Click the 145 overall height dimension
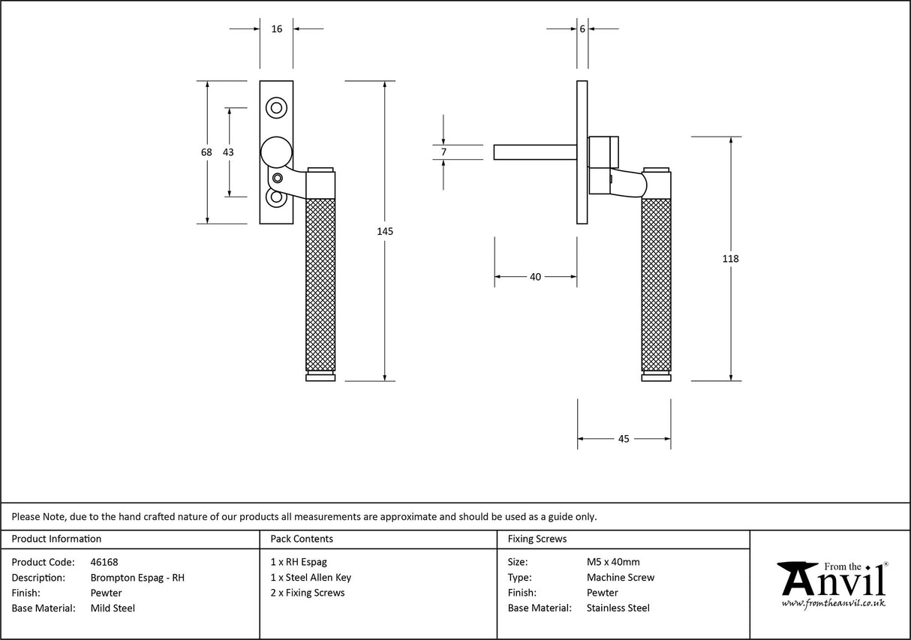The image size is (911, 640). pyautogui.click(x=384, y=231)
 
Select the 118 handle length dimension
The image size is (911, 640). pyautogui.click(x=730, y=259)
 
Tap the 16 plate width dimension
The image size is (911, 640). pyautogui.click(x=277, y=29)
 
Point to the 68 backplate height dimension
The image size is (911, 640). pyautogui.click(x=206, y=152)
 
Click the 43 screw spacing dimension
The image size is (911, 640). pyautogui.click(x=229, y=152)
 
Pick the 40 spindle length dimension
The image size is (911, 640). pyautogui.click(x=535, y=277)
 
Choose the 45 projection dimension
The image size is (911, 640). pyautogui.click(x=624, y=439)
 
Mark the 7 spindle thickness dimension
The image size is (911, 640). pyautogui.click(x=443, y=152)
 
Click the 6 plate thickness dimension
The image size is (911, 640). pyautogui.click(x=582, y=29)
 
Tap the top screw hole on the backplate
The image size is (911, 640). pyautogui.click(x=277, y=108)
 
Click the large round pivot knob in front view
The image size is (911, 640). pyautogui.click(x=275, y=152)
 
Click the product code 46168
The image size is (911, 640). pyautogui.click(x=104, y=562)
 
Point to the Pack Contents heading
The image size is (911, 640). pyautogui.click(x=302, y=539)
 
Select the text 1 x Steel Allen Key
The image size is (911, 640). pyautogui.click(x=311, y=578)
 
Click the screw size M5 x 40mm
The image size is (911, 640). pyautogui.click(x=613, y=562)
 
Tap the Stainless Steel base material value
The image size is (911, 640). pyautogui.click(x=618, y=608)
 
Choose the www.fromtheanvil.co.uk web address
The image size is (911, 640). pyautogui.click(x=833, y=603)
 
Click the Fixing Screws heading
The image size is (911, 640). pyautogui.click(x=537, y=539)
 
